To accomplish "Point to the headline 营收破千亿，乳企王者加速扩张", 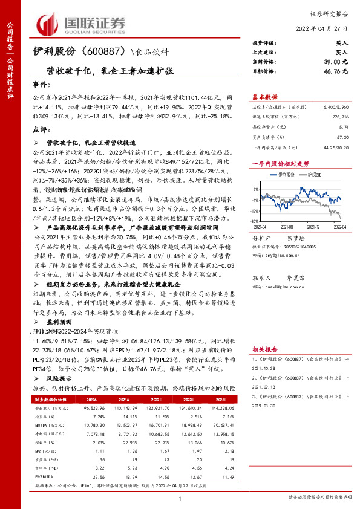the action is [109, 70].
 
